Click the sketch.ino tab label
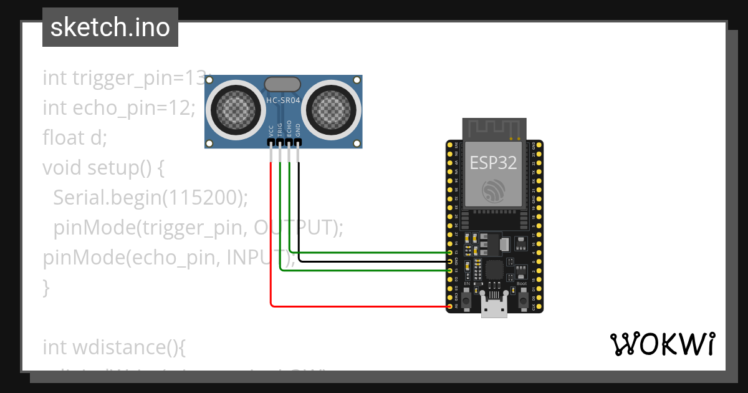click(x=110, y=27)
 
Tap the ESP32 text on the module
click(x=493, y=163)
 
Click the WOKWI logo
click(x=661, y=344)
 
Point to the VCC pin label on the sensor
click(x=271, y=130)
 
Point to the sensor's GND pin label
click(x=298, y=130)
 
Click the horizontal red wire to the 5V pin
click(x=362, y=306)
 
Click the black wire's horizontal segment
click(x=374, y=261)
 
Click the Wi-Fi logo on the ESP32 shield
click(x=494, y=190)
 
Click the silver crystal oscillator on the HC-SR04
click(x=283, y=84)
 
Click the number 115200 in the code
click(x=203, y=198)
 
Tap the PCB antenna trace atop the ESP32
click(x=494, y=129)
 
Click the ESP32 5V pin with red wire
click(x=450, y=306)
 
